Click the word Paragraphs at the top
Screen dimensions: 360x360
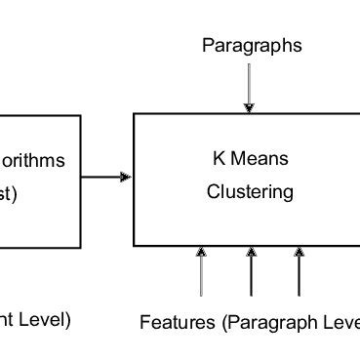point(252,45)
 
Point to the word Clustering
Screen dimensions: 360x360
point(250,191)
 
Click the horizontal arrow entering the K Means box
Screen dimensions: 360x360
point(105,177)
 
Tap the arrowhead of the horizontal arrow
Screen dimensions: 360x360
point(126,177)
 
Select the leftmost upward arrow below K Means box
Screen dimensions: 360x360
point(202,271)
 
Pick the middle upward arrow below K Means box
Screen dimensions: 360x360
point(252,271)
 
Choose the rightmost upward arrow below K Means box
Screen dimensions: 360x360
point(299,271)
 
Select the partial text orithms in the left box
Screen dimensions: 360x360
point(33,161)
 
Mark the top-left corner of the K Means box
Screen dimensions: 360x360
point(134,114)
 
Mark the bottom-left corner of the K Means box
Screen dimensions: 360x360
point(134,246)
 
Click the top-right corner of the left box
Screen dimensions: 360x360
point(80,115)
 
